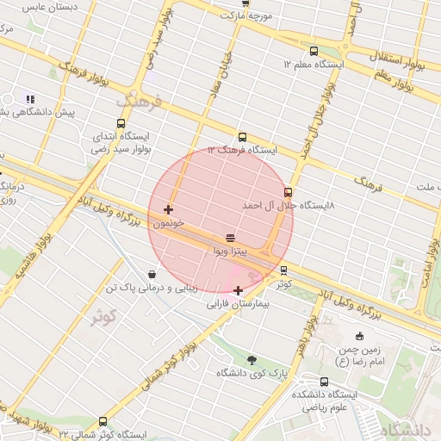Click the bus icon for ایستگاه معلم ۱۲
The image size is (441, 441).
click(x=314, y=51)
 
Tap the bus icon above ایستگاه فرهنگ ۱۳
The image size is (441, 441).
click(x=242, y=136)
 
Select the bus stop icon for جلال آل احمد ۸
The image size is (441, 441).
click(x=288, y=192)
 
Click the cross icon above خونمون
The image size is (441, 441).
click(x=167, y=209)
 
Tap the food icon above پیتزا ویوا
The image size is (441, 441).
click(x=230, y=238)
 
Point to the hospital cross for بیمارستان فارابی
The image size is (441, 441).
click(x=238, y=290)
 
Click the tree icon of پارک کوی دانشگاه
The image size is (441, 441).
click(x=251, y=360)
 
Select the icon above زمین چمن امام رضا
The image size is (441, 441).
click(x=360, y=335)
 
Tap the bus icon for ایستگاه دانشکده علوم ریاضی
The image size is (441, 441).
click(x=324, y=382)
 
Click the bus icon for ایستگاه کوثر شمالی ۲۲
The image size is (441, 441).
click(x=103, y=421)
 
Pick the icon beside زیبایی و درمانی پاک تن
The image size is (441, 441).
click(x=152, y=274)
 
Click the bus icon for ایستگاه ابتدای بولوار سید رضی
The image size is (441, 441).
click(x=121, y=123)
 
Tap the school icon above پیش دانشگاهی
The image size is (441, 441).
click(x=30, y=99)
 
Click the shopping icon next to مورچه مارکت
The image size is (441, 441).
click(x=223, y=16)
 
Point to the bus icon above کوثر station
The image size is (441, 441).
click(x=284, y=270)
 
